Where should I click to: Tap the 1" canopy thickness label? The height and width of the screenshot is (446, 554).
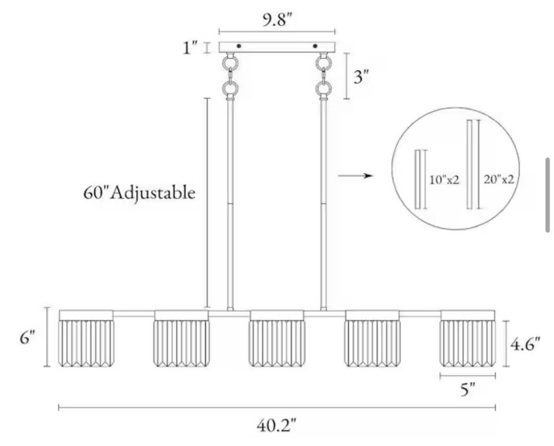click(x=190, y=48)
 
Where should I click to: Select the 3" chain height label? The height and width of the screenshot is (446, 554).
click(x=361, y=77)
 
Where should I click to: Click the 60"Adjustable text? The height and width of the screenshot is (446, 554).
click(x=139, y=193)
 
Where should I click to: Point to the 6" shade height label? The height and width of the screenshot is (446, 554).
click(x=28, y=338)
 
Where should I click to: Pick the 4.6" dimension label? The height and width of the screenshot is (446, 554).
click(x=525, y=344)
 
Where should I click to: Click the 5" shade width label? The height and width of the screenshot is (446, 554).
click(x=468, y=390)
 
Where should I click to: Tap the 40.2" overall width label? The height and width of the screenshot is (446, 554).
click(x=276, y=425)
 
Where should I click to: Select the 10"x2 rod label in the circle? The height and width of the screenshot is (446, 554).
click(x=444, y=180)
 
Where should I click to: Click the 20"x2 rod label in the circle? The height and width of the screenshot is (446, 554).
click(x=499, y=180)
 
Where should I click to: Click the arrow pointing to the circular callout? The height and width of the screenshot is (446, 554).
click(x=355, y=175)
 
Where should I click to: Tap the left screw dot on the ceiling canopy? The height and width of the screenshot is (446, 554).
click(x=239, y=46)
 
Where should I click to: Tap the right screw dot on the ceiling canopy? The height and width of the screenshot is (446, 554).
click(x=315, y=46)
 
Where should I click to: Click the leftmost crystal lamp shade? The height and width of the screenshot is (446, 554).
click(x=86, y=338)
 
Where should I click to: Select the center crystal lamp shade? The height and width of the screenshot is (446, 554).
click(x=276, y=338)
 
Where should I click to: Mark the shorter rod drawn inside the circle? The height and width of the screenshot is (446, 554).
click(x=418, y=179)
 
